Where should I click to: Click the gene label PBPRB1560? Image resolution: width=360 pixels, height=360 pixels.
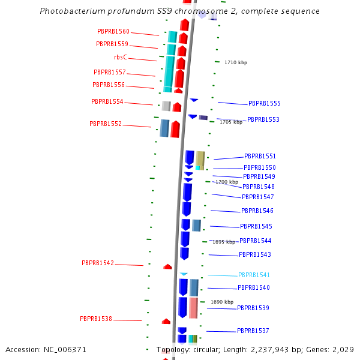click(x=113, y=31)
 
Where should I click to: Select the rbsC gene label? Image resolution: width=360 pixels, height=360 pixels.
click(x=121, y=57)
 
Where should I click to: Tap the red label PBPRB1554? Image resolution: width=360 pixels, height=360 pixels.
click(x=107, y=102)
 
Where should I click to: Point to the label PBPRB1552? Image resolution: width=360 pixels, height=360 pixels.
click(x=106, y=124)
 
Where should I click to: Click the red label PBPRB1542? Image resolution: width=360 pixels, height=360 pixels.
click(x=98, y=263)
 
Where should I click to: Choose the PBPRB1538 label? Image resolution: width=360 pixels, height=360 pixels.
click(x=96, y=319)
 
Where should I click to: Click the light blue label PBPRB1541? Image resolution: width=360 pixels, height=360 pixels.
click(x=254, y=275)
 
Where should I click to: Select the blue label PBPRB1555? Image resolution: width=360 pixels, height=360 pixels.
click(x=265, y=104)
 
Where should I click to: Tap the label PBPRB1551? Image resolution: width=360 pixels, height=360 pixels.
click(x=260, y=156)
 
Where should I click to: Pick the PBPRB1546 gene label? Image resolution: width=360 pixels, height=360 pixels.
click(x=257, y=211)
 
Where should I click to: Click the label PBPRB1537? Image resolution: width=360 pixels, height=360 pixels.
click(x=253, y=331)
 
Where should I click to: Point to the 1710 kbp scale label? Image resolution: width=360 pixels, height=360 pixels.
click(x=236, y=62)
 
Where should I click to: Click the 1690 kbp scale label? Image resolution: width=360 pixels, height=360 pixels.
click(x=221, y=302)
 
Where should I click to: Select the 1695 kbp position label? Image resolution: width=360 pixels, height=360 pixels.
click(x=224, y=242)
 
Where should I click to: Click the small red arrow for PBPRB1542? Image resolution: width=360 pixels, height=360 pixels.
click(x=168, y=266)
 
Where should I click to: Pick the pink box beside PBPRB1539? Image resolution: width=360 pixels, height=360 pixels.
click(x=193, y=308)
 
